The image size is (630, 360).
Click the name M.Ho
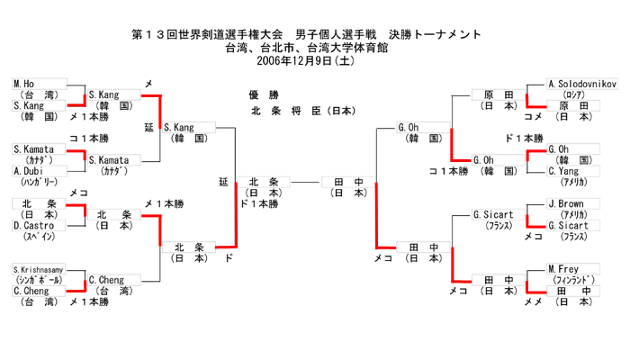coord(23,84)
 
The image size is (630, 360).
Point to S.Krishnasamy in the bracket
coord(38,270)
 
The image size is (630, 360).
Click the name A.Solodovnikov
coord(582,84)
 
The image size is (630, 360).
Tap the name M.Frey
coord(564,269)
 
